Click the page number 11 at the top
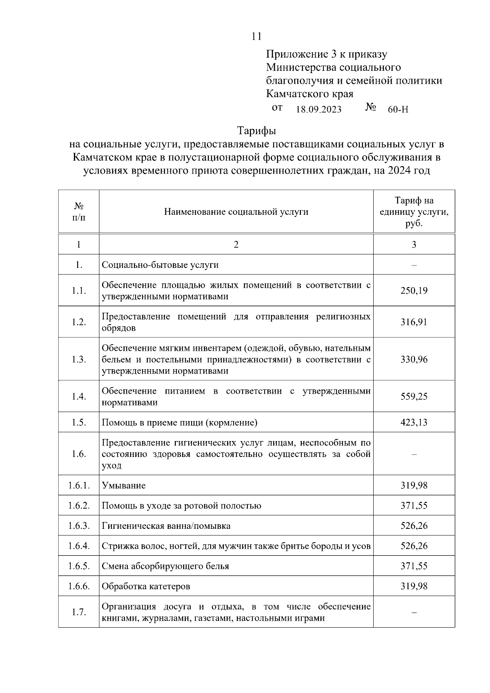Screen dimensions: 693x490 [x=256, y=36]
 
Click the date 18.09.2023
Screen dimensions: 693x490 [x=318, y=109]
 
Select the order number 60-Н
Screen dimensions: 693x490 [x=398, y=109]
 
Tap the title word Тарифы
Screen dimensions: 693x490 [x=256, y=131]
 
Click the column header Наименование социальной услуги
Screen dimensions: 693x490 [x=236, y=212]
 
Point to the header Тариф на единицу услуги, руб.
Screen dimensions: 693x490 [x=414, y=212]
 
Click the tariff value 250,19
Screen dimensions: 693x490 [x=414, y=290]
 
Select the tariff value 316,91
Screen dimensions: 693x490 [x=414, y=322]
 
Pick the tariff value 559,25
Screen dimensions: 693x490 [x=414, y=397]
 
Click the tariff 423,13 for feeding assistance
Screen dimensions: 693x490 [x=414, y=422]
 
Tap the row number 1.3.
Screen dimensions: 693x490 [x=78, y=359]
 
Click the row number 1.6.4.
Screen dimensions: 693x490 [x=78, y=546]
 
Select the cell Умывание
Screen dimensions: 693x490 [x=123, y=486]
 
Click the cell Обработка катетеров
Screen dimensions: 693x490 [x=146, y=586]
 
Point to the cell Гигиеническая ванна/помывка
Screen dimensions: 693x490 [x=166, y=526]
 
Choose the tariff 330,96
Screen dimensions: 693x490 [x=414, y=359]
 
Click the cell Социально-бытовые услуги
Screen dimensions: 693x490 [x=160, y=265]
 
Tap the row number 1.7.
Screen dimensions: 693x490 [x=78, y=612]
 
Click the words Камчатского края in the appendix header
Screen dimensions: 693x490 [x=310, y=94]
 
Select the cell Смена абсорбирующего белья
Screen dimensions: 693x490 [x=165, y=566]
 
